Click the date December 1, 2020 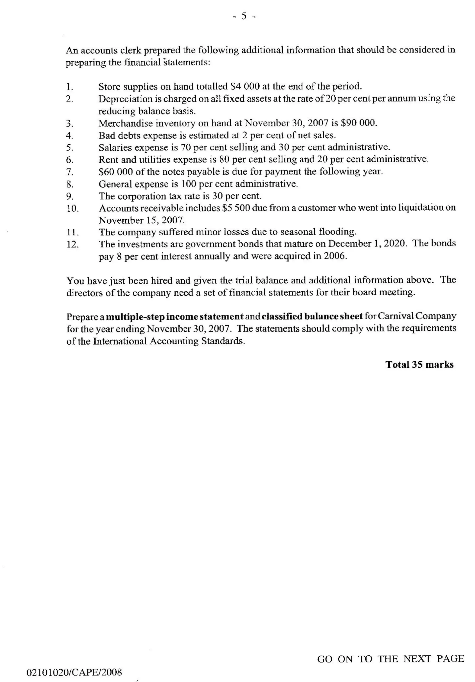(x=367, y=243)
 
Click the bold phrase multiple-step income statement (x=175, y=317)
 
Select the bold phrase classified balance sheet (x=312, y=316)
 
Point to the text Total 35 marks (x=419, y=364)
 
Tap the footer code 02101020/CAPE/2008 (x=74, y=672)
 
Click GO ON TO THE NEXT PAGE (x=390, y=659)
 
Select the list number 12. (x=73, y=244)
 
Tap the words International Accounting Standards (x=169, y=341)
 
